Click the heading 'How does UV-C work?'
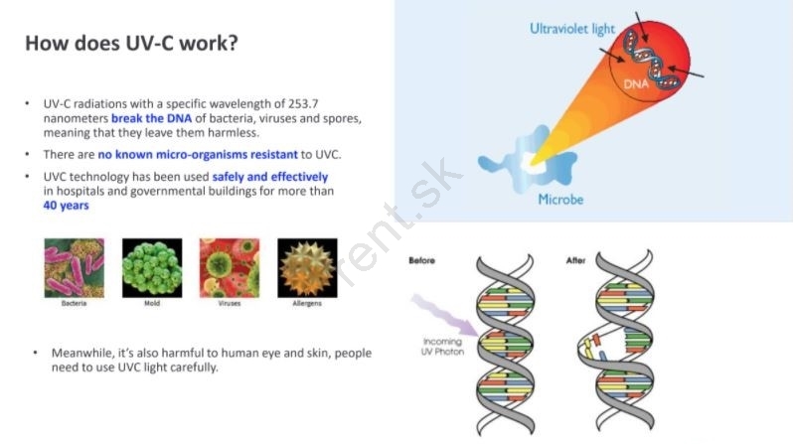[x=131, y=43]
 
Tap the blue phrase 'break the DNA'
[x=151, y=118]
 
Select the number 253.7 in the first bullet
[x=303, y=103]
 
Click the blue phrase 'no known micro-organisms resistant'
[x=198, y=154]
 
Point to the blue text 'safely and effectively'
[x=270, y=177]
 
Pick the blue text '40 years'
[x=67, y=206]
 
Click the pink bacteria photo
[x=75, y=268]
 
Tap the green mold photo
[x=152, y=268]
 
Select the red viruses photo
[x=230, y=268]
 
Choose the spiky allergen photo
[x=307, y=268]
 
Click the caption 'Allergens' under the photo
[x=307, y=303]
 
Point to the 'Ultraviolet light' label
[x=572, y=29]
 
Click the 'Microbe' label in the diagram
[x=560, y=200]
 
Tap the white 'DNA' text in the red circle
[x=636, y=84]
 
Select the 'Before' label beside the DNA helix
[x=421, y=260]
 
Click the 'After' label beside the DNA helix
[x=575, y=260]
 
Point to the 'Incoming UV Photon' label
[x=442, y=347]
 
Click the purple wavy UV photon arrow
[x=445, y=316]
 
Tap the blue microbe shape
[x=529, y=160]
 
